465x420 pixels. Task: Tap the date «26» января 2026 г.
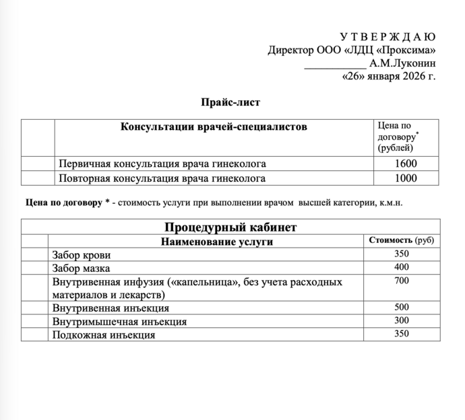[389, 76]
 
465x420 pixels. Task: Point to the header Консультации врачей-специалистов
[213, 127]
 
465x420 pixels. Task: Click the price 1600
[406, 164]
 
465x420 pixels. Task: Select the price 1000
[406, 178]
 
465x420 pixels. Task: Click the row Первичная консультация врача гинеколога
[162, 164]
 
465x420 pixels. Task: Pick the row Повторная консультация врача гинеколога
[162, 178]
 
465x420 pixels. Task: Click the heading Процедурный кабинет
[230, 227]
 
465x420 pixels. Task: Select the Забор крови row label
[82, 255]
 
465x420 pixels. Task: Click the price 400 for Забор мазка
[402, 267]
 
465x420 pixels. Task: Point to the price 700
[402, 280]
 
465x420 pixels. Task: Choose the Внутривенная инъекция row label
[111, 308]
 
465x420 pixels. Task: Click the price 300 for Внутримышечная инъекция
[402, 320]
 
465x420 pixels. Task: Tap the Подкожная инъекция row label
[104, 335]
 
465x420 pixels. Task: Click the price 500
[402, 307]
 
